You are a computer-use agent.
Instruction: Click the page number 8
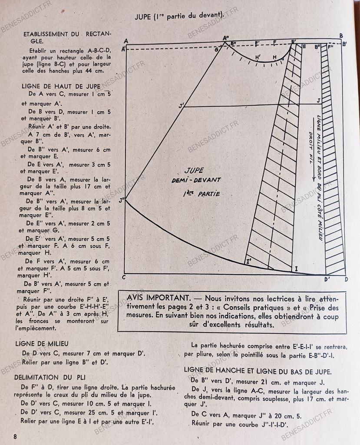coord(15,436)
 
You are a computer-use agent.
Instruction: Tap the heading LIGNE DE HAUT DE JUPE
coord(61,86)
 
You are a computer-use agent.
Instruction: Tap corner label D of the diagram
coord(346,279)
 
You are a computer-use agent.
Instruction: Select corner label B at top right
coord(341,36)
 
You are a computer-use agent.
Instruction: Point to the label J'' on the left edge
coord(122,200)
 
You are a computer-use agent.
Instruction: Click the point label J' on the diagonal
coord(181,105)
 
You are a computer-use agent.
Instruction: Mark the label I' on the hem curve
coord(249,261)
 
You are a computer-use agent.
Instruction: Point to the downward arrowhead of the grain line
coord(312,179)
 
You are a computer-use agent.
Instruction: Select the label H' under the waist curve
coord(258,57)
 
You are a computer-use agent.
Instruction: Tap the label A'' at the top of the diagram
coord(226,38)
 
